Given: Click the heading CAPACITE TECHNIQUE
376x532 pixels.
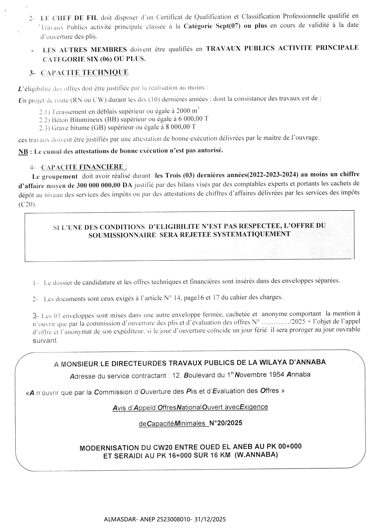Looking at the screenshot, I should [84, 73].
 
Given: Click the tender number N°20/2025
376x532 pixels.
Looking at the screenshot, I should [226, 423].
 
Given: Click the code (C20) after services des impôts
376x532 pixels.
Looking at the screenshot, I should [27, 205].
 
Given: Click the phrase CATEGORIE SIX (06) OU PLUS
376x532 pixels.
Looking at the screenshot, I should [94, 59].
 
